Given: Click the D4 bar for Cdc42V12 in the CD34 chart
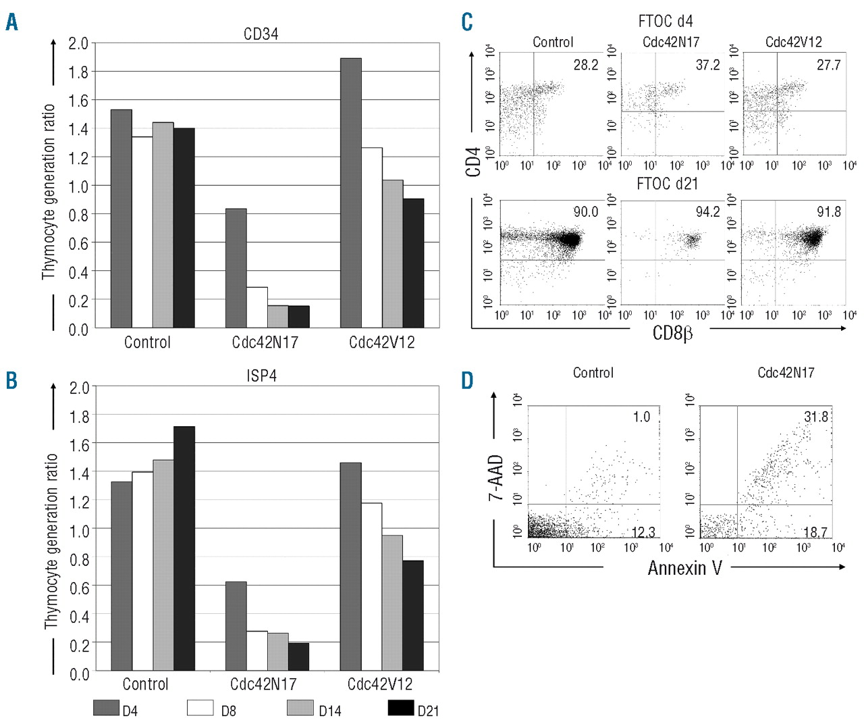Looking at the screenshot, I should (x=351, y=193).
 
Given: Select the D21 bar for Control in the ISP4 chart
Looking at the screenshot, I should (x=184, y=548).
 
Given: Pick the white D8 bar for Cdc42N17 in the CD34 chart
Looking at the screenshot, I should (x=256, y=307).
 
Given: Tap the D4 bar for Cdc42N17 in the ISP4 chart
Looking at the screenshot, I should (x=236, y=625).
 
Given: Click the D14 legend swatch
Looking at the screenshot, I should (x=300, y=708).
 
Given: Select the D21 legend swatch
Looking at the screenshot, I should (x=401, y=708).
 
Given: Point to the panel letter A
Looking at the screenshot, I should (x=11, y=22).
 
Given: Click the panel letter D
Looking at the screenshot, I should (x=467, y=380).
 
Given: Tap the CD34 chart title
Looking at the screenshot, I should (x=261, y=33).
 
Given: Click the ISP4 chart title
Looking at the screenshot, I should (x=261, y=376).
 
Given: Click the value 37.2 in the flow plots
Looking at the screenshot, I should (x=707, y=65).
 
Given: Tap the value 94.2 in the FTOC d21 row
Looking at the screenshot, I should (x=707, y=212).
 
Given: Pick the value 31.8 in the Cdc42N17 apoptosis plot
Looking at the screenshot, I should (x=815, y=417).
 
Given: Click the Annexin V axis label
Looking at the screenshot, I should (x=684, y=567).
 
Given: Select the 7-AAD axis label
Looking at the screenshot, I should (x=497, y=477).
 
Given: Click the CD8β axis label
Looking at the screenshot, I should (x=672, y=332).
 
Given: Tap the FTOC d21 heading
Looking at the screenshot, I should (x=667, y=184).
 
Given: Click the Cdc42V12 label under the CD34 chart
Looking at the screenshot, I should (x=381, y=342).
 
